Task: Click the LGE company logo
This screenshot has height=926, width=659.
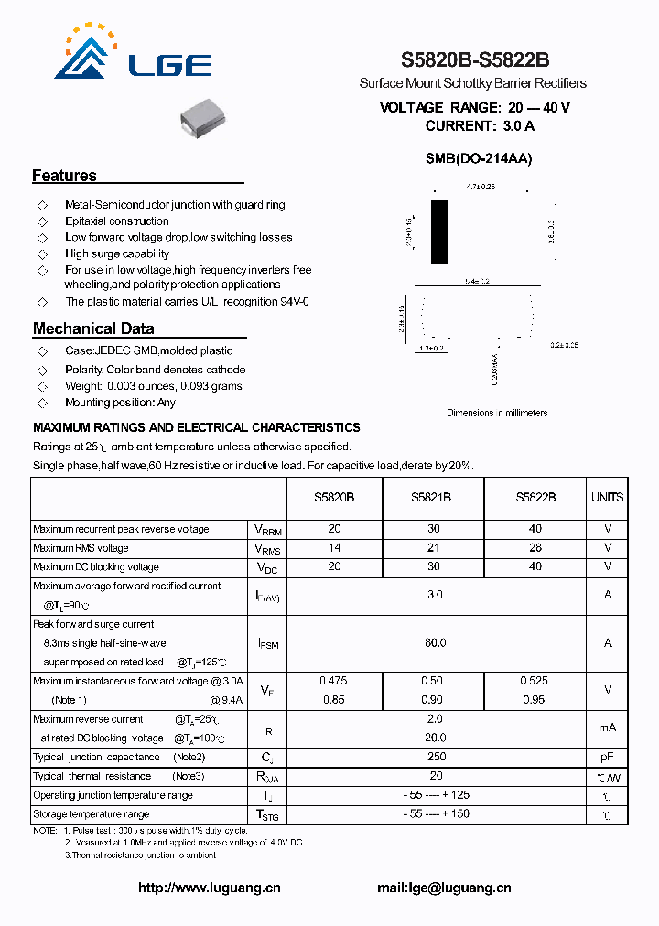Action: (x=133, y=55)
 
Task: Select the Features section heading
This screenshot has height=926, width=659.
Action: (x=64, y=176)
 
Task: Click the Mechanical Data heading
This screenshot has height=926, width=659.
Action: (x=93, y=328)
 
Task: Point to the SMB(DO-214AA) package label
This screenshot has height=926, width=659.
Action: (x=478, y=158)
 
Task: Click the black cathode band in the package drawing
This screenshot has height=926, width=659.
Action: (x=440, y=232)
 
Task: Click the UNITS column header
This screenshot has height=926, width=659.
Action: (x=607, y=497)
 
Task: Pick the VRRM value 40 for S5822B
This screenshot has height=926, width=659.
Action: (x=535, y=529)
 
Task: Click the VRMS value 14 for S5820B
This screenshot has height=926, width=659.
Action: (x=334, y=548)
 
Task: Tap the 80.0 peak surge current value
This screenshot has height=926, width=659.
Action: (x=436, y=643)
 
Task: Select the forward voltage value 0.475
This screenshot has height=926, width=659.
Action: (x=333, y=681)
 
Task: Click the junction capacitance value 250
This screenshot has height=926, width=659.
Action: (x=436, y=757)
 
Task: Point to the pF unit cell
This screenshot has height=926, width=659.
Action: (x=607, y=757)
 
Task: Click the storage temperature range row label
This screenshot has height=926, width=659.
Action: (x=92, y=813)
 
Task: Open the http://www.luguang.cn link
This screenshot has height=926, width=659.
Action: (x=209, y=888)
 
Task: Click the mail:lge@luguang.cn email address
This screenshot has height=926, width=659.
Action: (x=444, y=888)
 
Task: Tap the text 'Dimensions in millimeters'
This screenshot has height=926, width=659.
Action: (x=497, y=413)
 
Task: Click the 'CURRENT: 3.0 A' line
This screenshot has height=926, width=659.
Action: (x=479, y=125)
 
